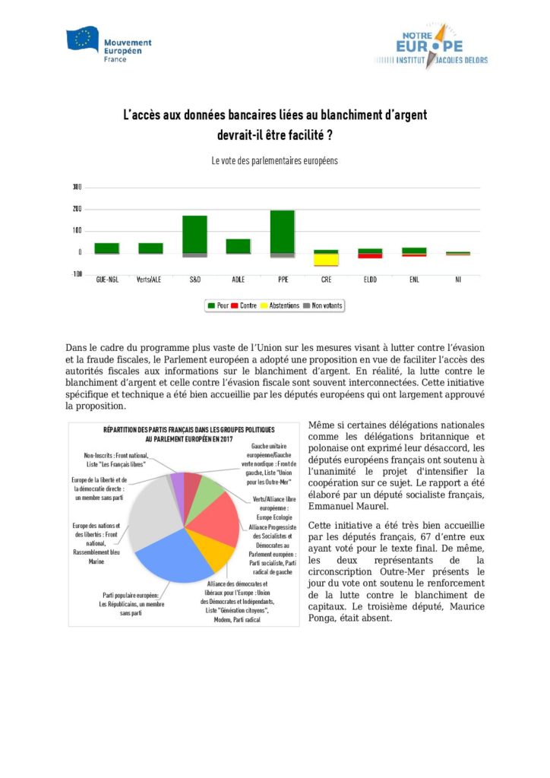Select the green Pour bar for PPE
click(x=282, y=231)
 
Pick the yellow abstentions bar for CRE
click(x=327, y=259)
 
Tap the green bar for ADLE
click(x=238, y=245)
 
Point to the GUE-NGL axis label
click(x=106, y=280)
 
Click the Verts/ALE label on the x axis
click(x=150, y=280)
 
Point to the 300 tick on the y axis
click(x=77, y=187)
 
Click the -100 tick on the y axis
click(x=76, y=274)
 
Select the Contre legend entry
click(x=245, y=305)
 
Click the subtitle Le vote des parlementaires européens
click(x=274, y=161)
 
